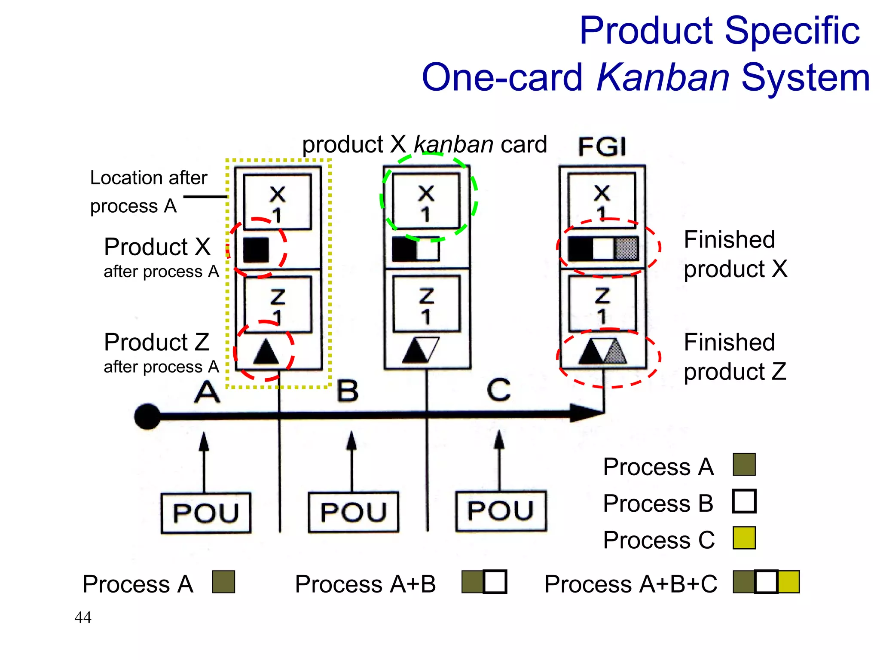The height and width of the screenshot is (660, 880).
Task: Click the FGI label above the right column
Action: click(602, 147)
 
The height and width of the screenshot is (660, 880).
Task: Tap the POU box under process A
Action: click(206, 513)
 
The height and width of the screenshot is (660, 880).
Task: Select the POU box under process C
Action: click(501, 511)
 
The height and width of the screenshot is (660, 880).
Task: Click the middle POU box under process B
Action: click(353, 512)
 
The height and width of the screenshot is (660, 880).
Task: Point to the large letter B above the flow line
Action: click(347, 391)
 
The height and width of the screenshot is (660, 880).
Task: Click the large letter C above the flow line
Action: click(498, 390)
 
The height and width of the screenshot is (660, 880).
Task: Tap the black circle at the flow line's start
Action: click(147, 416)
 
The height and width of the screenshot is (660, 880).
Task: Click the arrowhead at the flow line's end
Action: click(587, 413)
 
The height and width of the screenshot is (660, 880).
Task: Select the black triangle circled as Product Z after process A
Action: click(266, 352)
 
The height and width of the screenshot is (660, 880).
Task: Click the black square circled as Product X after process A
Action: click(256, 250)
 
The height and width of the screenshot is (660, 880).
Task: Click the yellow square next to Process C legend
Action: click(744, 538)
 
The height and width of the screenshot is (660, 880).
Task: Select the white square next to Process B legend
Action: click(744, 501)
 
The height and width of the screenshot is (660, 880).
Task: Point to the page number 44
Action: click(83, 617)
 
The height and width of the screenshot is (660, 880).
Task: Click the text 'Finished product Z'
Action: click(735, 357)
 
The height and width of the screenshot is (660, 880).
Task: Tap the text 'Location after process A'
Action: click(148, 192)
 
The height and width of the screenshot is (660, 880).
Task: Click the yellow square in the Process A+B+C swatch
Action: click(789, 582)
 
